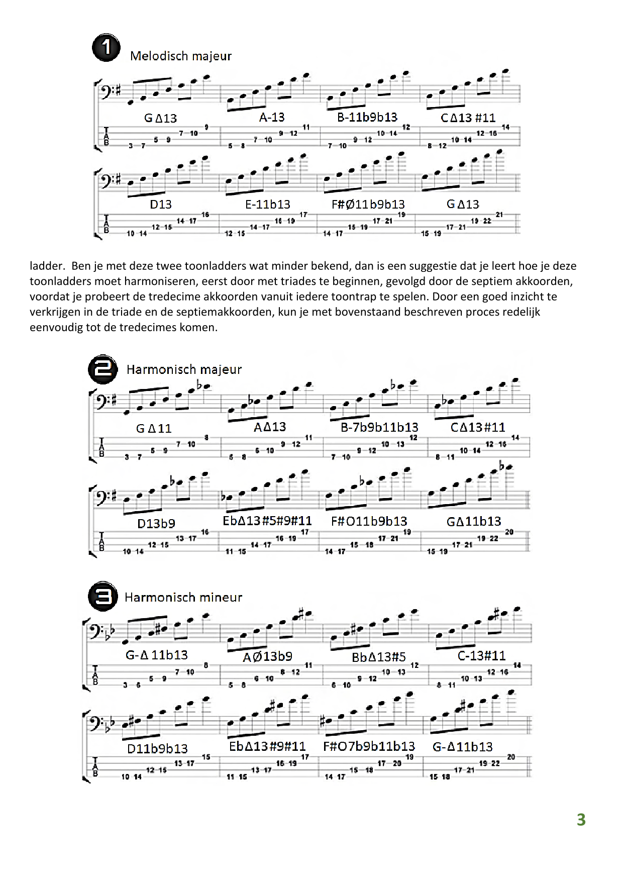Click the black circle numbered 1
106,48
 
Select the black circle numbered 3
103,597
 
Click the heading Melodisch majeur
181,56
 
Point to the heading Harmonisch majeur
184,370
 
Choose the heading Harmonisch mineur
183,598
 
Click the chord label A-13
272,118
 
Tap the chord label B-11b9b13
367,118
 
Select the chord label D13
161,205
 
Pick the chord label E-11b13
268,205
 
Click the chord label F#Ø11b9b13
368,205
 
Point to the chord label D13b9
156,524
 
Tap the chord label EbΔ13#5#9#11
267,521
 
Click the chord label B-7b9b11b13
379,428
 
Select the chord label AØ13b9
267,656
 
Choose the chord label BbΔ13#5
379,657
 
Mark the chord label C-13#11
482,656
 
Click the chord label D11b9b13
157,749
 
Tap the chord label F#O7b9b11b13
369,746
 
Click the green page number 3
581,820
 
